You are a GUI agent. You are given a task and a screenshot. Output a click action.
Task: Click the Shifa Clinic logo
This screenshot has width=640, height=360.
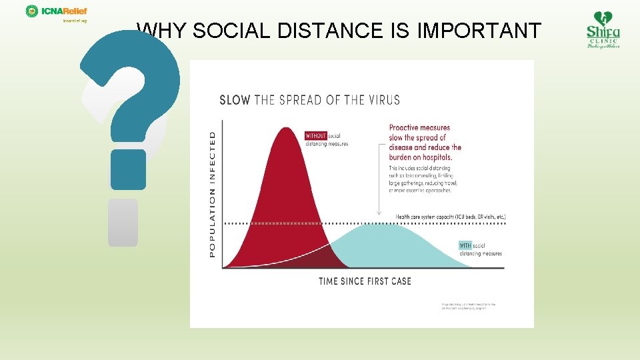click(603, 30)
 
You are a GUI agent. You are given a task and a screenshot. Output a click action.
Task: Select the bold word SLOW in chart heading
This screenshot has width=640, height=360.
click(235, 100)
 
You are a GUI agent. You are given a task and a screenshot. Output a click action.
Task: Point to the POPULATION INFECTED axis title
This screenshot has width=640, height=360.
click(213, 193)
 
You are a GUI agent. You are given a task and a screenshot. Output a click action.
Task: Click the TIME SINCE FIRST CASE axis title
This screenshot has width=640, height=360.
click(365, 281)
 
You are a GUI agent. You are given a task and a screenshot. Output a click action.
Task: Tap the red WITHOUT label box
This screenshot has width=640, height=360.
click(316, 135)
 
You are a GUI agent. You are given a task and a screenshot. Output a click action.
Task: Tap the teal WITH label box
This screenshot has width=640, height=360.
click(465, 245)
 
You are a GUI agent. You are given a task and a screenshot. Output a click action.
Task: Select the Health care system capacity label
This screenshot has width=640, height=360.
click(451, 217)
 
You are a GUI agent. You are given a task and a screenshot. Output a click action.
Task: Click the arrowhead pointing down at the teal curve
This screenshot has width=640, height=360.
click(379, 213)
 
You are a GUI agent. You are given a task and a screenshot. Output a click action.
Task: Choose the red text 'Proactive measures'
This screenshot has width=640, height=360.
click(419, 127)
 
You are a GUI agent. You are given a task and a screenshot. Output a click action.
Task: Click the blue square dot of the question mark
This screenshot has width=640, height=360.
click(128, 169)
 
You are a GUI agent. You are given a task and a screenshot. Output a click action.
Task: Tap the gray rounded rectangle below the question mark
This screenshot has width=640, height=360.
click(123, 222)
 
